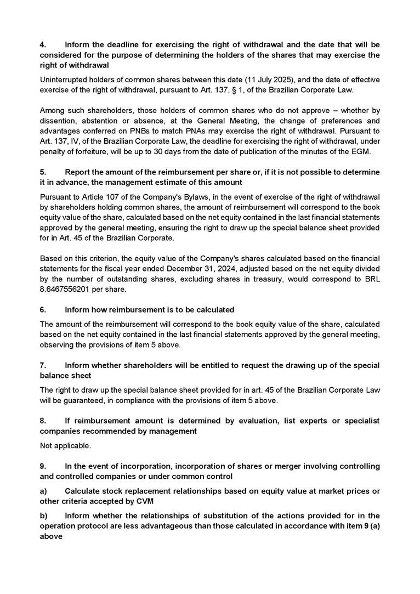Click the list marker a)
click(43, 491)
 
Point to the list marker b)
click(43, 516)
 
